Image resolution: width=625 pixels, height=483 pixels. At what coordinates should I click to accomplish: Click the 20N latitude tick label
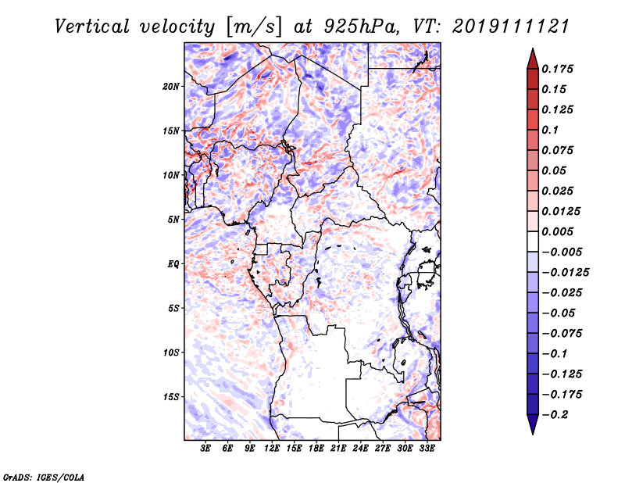click(171, 87)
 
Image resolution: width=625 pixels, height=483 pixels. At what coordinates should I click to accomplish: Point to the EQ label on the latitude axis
click(173, 264)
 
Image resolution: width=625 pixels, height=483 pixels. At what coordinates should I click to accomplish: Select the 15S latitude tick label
click(171, 397)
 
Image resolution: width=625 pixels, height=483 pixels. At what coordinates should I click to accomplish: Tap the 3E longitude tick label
click(205, 448)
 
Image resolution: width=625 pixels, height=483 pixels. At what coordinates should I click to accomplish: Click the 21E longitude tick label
click(338, 448)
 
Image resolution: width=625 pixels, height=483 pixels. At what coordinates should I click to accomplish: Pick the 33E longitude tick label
click(427, 448)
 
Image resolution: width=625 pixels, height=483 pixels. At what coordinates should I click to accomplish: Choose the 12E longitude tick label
click(271, 448)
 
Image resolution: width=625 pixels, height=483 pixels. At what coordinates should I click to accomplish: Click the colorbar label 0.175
click(557, 69)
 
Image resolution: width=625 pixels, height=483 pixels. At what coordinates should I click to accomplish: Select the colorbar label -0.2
click(555, 415)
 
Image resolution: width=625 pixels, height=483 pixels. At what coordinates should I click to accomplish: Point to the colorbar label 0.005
click(557, 231)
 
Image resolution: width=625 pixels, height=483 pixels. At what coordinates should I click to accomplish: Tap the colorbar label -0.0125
click(565, 273)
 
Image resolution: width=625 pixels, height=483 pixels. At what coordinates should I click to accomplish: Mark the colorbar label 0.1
click(550, 130)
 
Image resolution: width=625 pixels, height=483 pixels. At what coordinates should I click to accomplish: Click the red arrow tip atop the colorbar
click(533, 48)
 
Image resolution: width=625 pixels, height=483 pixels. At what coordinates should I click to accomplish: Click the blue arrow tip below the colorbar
click(533, 434)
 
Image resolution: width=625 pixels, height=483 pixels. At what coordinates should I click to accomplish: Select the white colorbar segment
click(533, 241)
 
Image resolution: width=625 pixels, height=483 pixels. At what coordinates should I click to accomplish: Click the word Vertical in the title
click(92, 27)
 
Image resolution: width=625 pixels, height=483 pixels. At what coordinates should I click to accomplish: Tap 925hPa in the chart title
click(360, 27)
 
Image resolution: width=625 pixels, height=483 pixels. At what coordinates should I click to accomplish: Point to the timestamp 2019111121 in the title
click(511, 27)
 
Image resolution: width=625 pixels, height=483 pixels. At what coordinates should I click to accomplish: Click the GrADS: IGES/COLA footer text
click(44, 478)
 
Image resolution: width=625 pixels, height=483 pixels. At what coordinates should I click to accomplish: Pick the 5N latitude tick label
click(173, 220)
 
